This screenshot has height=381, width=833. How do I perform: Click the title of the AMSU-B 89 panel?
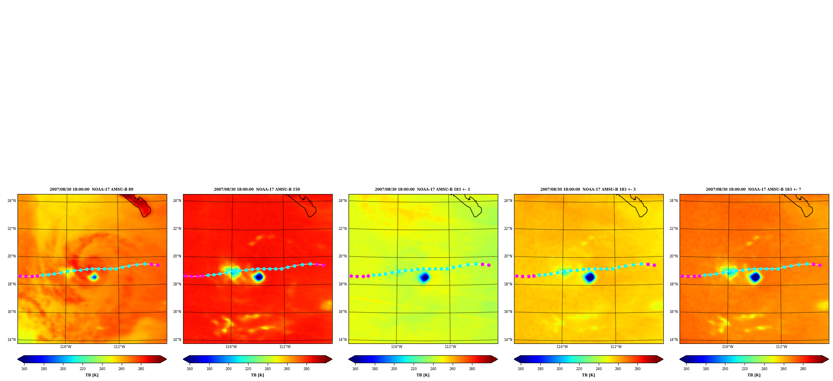[91, 189]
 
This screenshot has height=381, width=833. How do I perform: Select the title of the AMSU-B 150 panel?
[257, 189]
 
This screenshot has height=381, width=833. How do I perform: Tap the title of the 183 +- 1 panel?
[422, 189]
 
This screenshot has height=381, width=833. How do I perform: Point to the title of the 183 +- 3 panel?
[588, 189]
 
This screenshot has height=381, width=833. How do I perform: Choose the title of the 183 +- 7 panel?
[753, 189]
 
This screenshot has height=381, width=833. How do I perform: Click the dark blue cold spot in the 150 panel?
[259, 277]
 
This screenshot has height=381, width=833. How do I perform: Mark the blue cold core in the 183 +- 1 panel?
[424, 277]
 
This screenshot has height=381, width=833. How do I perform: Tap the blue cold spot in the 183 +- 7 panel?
[755, 277]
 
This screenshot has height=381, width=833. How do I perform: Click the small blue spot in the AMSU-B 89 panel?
[94, 277]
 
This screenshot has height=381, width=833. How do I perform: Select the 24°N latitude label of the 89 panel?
[11, 201]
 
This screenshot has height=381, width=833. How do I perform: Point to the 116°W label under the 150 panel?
[231, 347]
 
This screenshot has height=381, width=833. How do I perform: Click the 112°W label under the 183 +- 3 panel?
[616, 347]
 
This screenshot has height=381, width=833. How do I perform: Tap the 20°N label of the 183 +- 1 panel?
[342, 256]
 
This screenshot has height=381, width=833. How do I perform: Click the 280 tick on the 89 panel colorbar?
[141, 369]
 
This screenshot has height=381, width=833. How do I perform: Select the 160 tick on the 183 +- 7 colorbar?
[686, 369]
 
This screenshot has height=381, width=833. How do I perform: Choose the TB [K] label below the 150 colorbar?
[257, 375]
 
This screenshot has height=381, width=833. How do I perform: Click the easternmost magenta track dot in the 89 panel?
[158, 265]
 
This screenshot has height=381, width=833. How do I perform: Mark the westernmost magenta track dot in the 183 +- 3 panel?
[517, 276]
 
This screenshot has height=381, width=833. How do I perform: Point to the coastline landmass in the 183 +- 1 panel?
[471, 204]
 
